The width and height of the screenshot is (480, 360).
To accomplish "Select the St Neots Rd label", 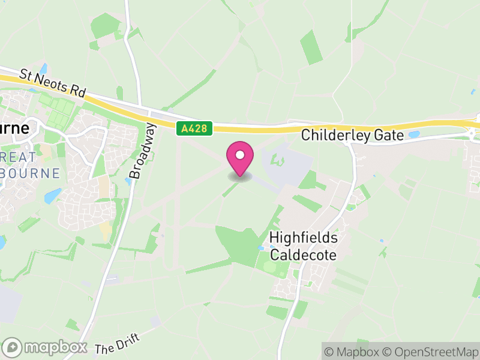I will (x=53, y=83).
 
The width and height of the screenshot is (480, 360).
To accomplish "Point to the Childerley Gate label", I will (x=353, y=135).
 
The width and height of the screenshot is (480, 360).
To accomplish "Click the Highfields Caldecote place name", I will (x=304, y=246).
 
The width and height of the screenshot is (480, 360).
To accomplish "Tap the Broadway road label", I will (x=142, y=151).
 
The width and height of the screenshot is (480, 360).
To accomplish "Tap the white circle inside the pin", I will (x=240, y=155).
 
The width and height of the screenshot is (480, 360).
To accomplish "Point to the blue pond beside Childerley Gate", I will (x=414, y=135).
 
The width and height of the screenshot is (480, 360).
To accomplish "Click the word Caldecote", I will (x=303, y=254).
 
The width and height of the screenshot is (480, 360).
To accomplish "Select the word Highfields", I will (x=304, y=238).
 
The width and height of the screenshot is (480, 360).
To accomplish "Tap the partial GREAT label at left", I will (x=18, y=155).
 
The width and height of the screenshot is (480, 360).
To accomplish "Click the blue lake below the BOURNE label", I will (x=52, y=196).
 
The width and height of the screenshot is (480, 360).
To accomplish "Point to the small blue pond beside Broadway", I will (x=129, y=181).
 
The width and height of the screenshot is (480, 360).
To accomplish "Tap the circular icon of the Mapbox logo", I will (x=13, y=347).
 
